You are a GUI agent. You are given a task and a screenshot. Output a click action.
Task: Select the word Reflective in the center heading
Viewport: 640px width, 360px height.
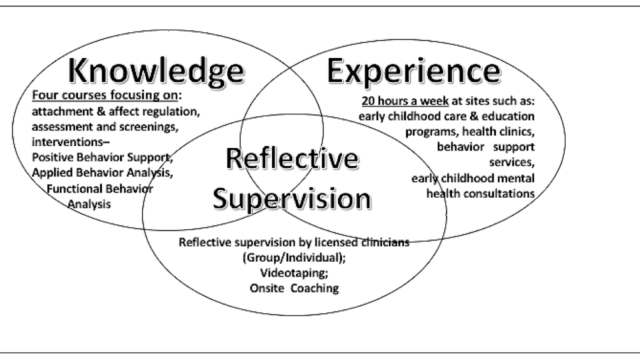[x=291, y=159]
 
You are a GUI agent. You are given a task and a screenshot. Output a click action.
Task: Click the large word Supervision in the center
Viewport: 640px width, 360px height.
[x=291, y=198]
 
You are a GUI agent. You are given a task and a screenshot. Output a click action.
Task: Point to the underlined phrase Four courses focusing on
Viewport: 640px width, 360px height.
[x=105, y=95]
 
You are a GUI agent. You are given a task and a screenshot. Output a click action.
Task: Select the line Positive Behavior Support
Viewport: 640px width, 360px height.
[x=102, y=157]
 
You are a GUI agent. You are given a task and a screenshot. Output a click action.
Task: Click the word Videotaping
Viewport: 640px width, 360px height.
[x=294, y=273]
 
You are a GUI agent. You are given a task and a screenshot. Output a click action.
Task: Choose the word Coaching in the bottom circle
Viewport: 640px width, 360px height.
[x=314, y=288]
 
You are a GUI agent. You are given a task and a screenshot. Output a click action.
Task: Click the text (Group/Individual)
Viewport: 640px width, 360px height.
[x=294, y=258]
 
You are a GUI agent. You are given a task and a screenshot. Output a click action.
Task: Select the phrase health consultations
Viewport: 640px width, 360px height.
[x=480, y=193]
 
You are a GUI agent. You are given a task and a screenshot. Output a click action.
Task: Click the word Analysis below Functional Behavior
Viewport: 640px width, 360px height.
[x=89, y=204]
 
